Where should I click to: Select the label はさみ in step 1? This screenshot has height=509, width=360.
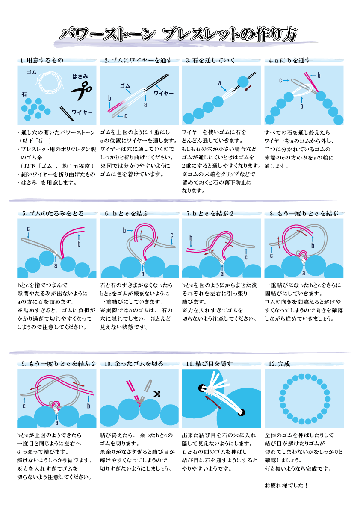(80, 76)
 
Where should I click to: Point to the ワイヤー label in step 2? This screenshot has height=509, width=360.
(163, 93)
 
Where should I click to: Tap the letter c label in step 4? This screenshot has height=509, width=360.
(281, 80)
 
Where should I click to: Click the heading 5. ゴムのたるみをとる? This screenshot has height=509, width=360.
(53, 213)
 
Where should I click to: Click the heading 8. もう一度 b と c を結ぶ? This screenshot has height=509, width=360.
(304, 213)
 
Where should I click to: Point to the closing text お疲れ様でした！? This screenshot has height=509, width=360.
(286, 485)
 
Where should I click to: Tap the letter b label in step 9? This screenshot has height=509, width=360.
(88, 405)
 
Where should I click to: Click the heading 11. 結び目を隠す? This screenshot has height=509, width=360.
(209, 364)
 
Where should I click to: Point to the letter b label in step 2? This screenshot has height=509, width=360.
(110, 98)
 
